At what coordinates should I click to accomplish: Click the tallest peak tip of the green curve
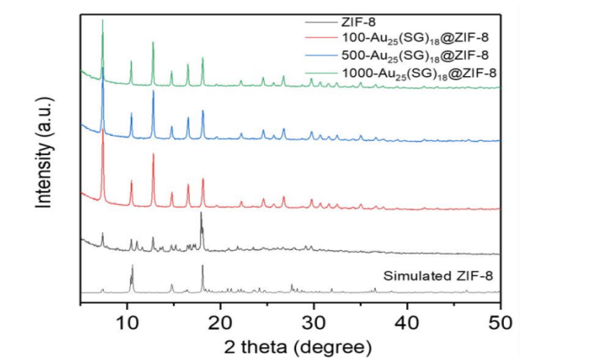103,20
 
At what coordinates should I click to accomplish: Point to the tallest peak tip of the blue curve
103,69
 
